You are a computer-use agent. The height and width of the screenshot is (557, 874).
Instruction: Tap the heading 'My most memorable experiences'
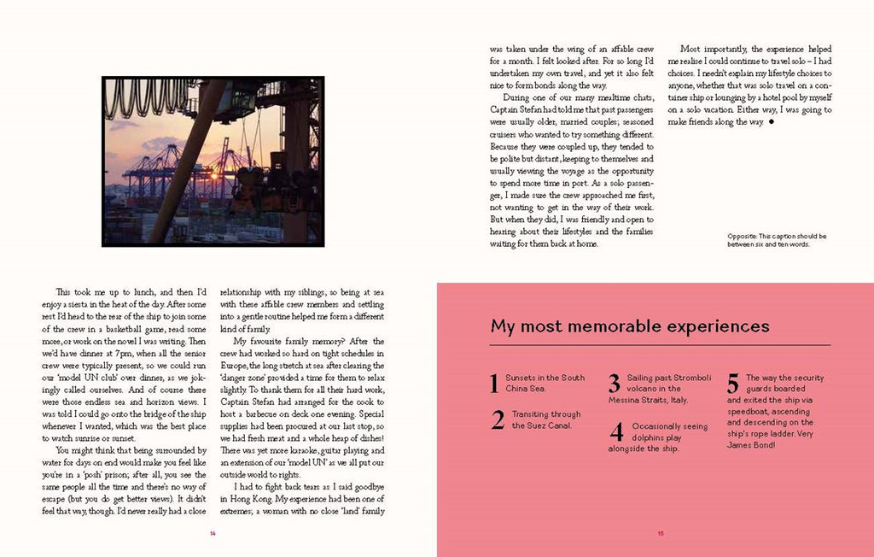click(630, 325)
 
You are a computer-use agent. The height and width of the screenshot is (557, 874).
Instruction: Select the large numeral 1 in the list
click(494, 384)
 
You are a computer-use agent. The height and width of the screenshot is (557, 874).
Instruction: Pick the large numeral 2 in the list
click(498, 420)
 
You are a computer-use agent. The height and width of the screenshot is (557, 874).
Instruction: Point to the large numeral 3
click(615, 384)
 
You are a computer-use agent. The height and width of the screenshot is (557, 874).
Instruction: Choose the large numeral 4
click(616, 432)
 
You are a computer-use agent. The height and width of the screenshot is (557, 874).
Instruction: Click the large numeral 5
click(733, 384)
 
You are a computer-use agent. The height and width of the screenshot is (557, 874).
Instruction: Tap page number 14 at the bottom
click(213, 534)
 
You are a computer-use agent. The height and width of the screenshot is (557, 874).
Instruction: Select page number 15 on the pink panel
click(660, 534)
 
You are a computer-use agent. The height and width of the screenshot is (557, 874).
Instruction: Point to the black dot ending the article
click(772, 123)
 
